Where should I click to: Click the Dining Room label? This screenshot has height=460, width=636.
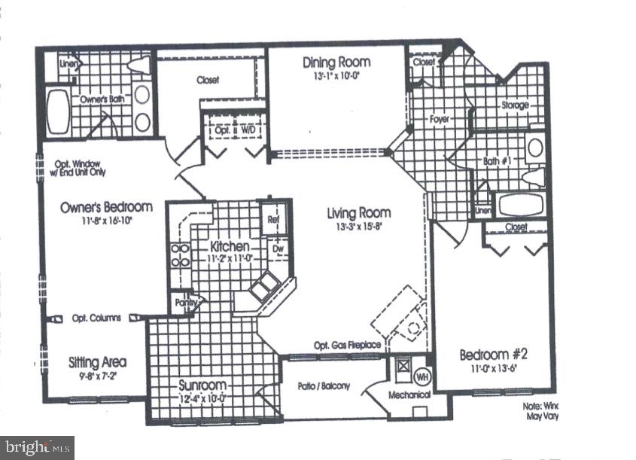point(333,62)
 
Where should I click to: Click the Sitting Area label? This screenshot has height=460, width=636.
point(97,361)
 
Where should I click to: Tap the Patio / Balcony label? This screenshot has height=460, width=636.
point(324,386)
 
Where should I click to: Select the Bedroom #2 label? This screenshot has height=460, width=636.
point(494,355)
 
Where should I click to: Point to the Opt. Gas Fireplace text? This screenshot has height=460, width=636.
point(347,346)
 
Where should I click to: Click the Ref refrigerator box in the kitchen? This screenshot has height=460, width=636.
point(273,220)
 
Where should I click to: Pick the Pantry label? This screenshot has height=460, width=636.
point(184,303)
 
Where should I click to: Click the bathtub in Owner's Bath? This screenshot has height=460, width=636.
point(59,111)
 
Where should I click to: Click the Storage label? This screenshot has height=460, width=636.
point(515,105)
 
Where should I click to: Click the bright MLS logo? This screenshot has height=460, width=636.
point(37,447)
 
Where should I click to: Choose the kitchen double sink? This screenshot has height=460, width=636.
point(264,286)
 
